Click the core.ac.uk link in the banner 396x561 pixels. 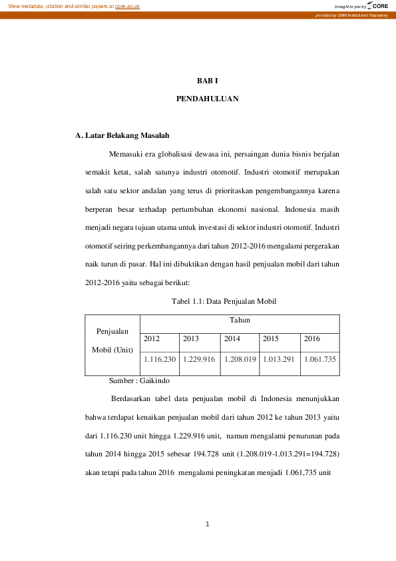click(x=127, y=6)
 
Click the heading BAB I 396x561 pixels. click(x=208, y=80)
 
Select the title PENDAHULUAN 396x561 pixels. click(x=208, y=98)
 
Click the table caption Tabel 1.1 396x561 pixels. click(x=224, y=302)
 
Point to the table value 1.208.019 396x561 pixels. click(x=240, y=360)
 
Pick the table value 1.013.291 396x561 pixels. click(x=280, y=360)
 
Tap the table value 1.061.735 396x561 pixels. click(x=320, y=360)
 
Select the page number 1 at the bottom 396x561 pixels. click(x=208, y=524)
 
